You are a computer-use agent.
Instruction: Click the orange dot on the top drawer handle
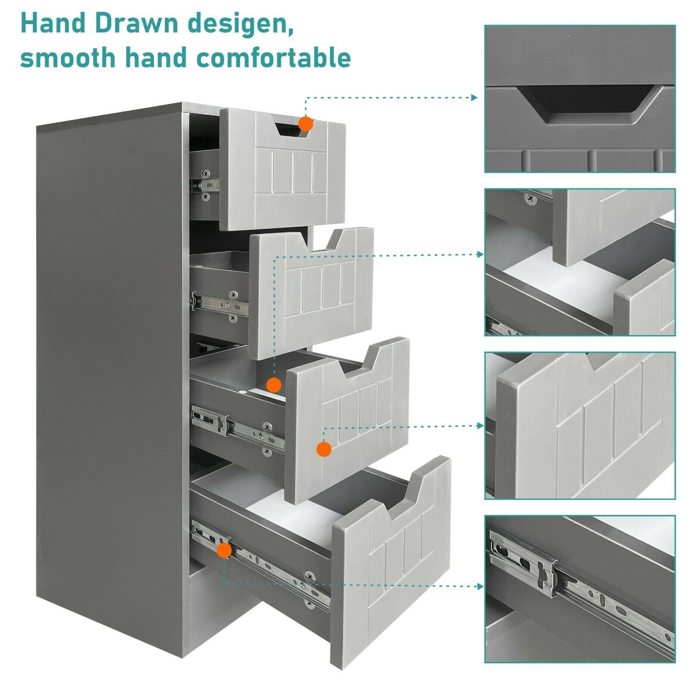pyautogui.click(x=306, y=124)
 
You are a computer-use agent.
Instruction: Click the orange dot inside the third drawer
pyautogui.click(x=274, y=385)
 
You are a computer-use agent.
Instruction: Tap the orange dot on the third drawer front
pyautogui.click(x=324, y=449)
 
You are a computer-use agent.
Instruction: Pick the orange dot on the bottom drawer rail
pyautogui.click(x=224, y=551)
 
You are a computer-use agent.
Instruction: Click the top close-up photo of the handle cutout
pyautogui.click(x=580, y=99)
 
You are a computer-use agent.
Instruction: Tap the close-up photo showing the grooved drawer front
pyautogui.click(x=580, y=426)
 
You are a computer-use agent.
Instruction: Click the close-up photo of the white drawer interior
pyautogui.click(x=580, y=262)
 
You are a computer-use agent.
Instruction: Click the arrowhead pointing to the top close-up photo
pyautogui.click(x=474, y=97)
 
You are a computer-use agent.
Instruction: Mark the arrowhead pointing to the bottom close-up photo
pyautogui.click(x=480, y=586)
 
